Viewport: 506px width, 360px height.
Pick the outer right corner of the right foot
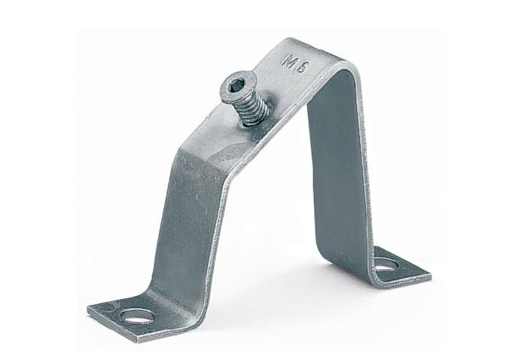(430, 275)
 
